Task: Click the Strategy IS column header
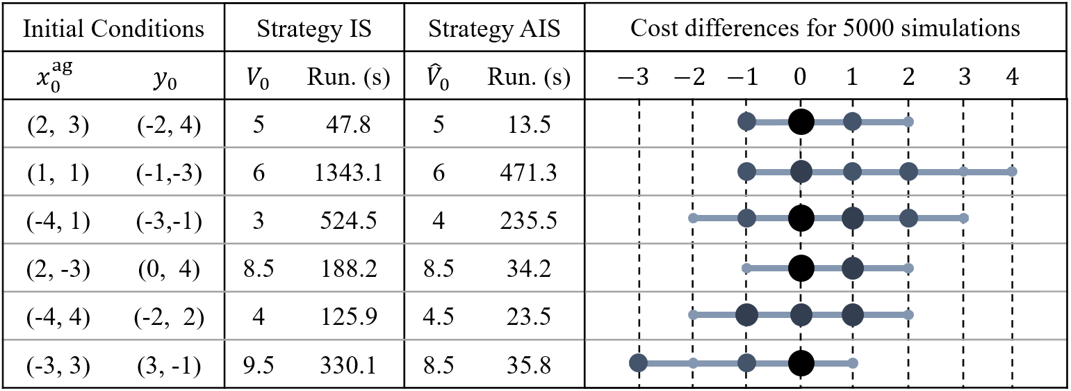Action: pyautogui.click(x=314, y=29)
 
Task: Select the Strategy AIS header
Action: pyautogui.click(x=494, y=29)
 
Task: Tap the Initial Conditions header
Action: pyautogui.click(x=113, y=29)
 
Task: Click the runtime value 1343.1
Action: pyautogui.click(x=348, y=173)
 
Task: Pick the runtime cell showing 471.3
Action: pyautogui.click(x=528, y=173)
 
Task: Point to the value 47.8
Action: pyautogui.click(x=348, y=125)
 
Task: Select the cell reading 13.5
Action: pyautogui.click(x=528, y=125)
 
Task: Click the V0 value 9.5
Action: pyautogui.click(x=258, y=366)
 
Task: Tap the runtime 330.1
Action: pyautogui.click(x=348, y=366)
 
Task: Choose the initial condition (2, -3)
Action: pyautogui.click(x=58, y=269)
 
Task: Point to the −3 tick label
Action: pyautogui.click(x=633, y=77)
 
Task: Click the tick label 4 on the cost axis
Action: pyautogui.click(x=1012, y=77)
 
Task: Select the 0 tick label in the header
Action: pyautogui.click(x=800, y=77)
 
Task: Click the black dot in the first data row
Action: pyautogui.click(x=801, y=122)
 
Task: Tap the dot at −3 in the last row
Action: pyautogui.click(x=638, y=362)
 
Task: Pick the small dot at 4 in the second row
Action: pyautogui.click(x=1012, y=171)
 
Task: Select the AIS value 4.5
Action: pyautogui.click(x=438, y=317)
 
